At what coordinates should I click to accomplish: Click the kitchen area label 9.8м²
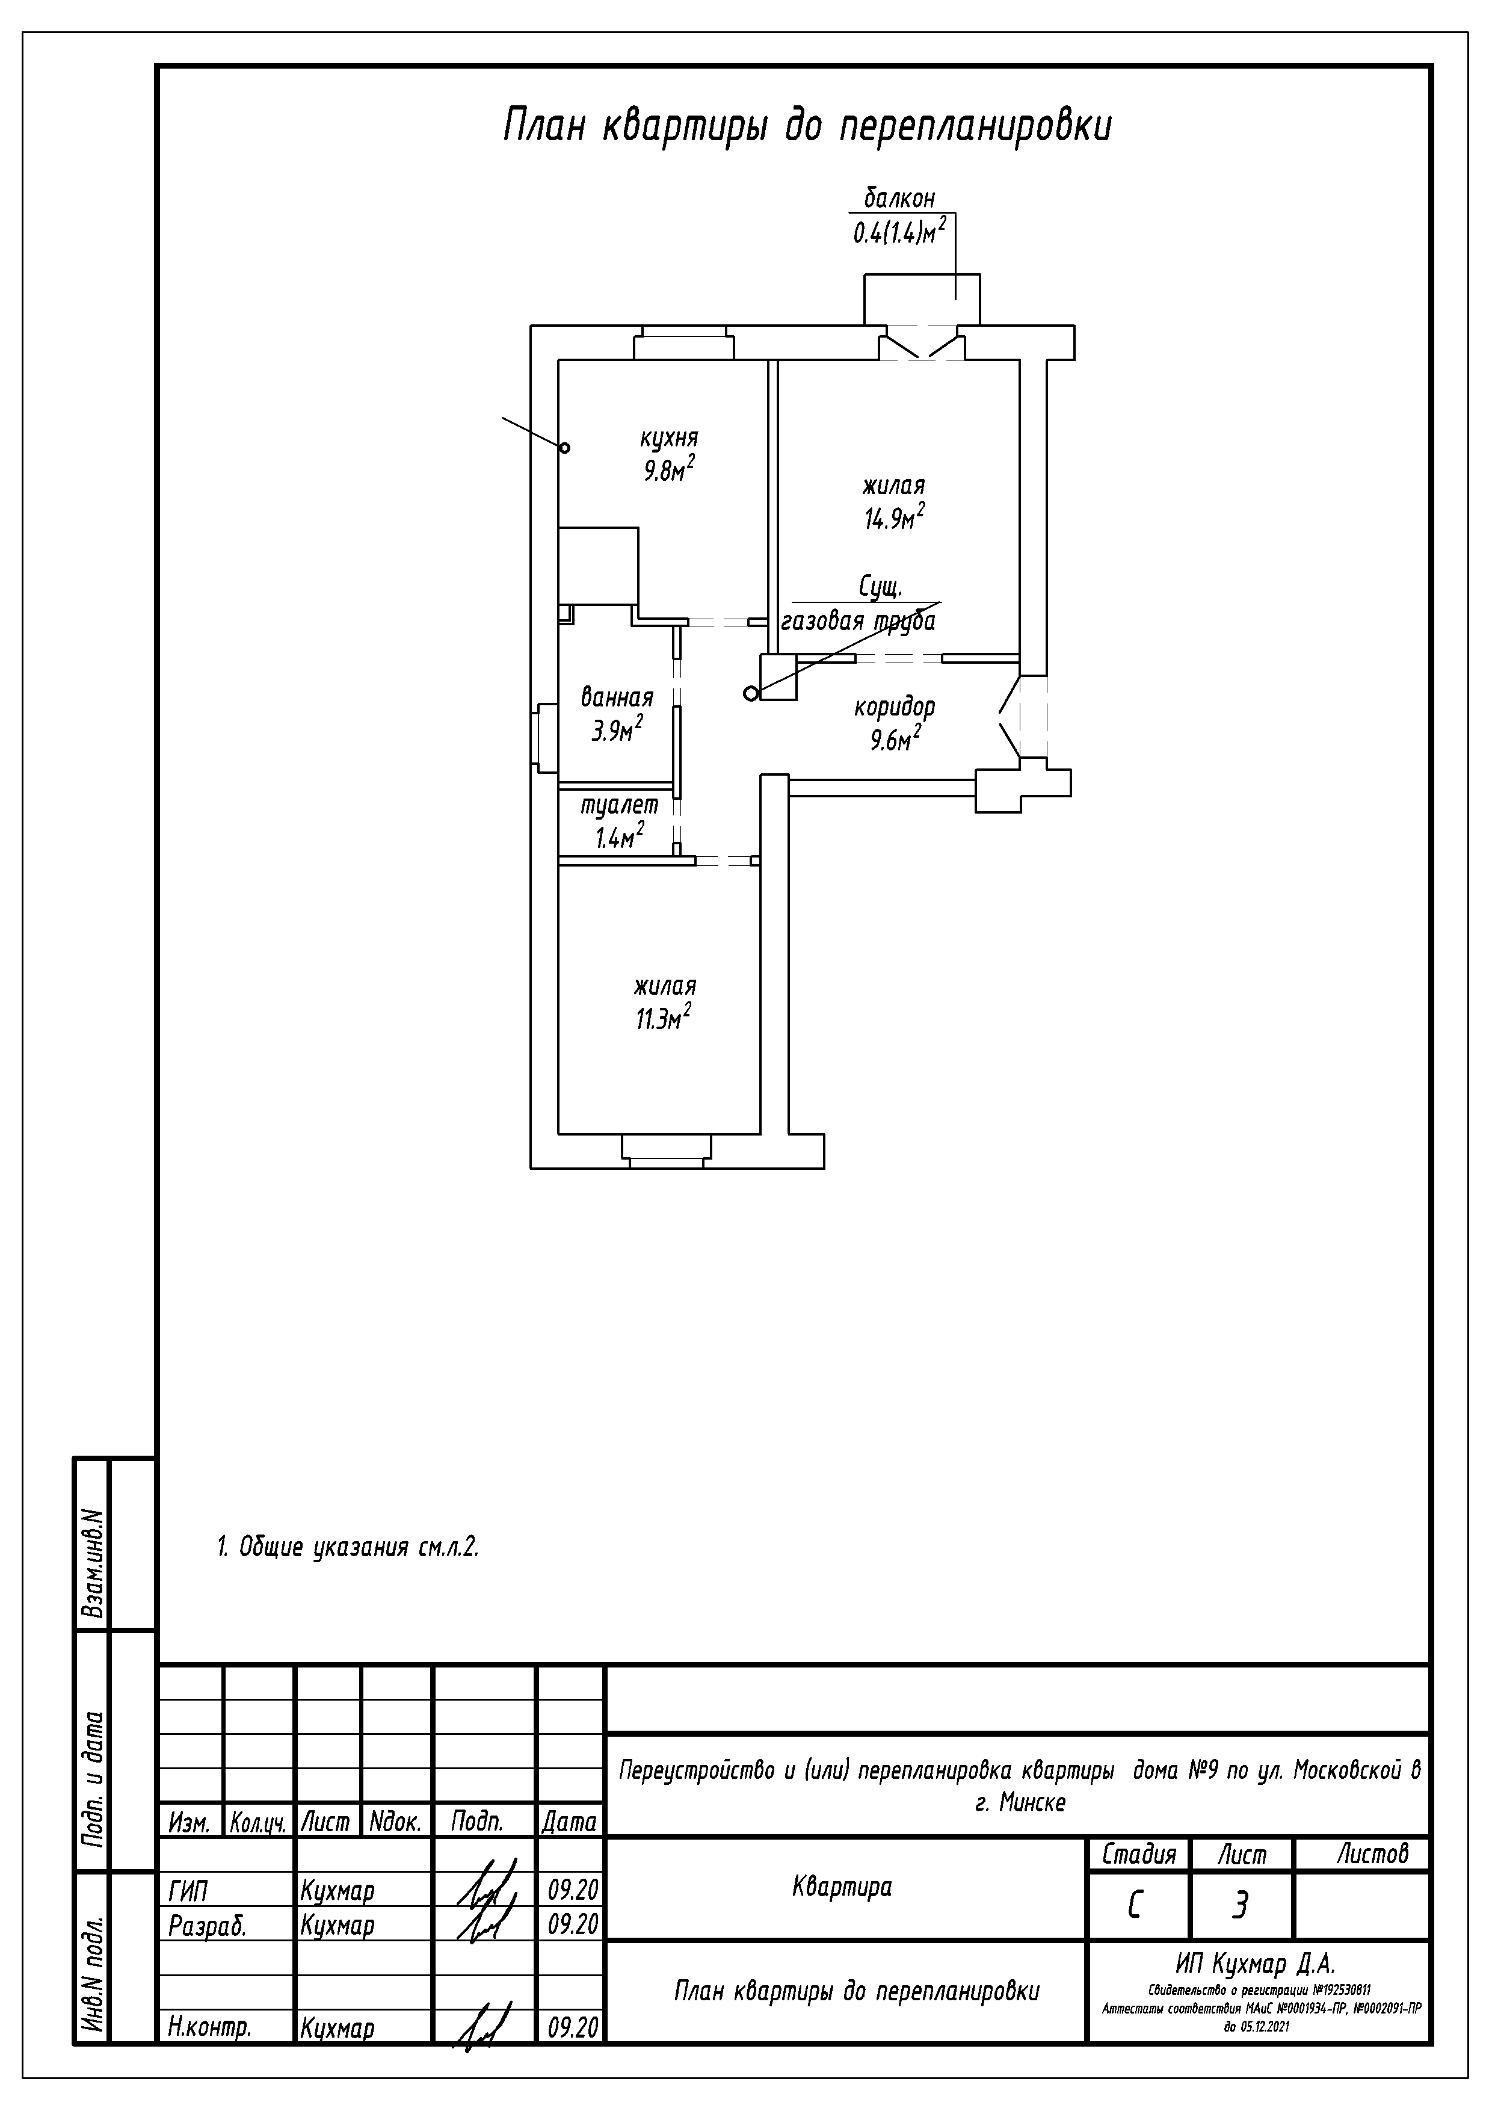point(668,470)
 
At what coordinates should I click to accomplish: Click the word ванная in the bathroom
point(617,697)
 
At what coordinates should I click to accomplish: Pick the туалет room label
point(620,805)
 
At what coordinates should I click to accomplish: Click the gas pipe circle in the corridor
point(751,693)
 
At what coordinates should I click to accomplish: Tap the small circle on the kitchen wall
point(564,448)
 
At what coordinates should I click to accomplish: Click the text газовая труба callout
point(858,622)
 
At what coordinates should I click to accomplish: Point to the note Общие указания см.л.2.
point(348,1547)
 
